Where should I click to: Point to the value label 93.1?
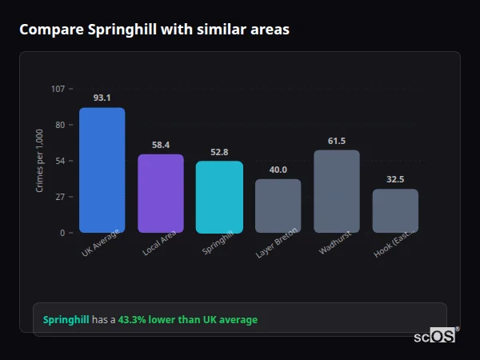tap(102, 98)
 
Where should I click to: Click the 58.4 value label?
tap(161, 145)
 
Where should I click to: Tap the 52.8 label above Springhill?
tap(219, 152)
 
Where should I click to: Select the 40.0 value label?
tap(278, 170)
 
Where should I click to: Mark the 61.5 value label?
tap(337, 141)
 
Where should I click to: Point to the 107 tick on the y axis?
tap(58, 89)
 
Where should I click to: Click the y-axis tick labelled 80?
tap(60, 125)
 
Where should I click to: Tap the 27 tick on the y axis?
tap(60, 197)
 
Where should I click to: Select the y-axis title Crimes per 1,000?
tap(40, 160)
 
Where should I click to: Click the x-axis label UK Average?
tap(100, 243)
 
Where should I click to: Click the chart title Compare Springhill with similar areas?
tap(154, 30)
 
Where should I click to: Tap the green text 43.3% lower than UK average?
tap(188, 320)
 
